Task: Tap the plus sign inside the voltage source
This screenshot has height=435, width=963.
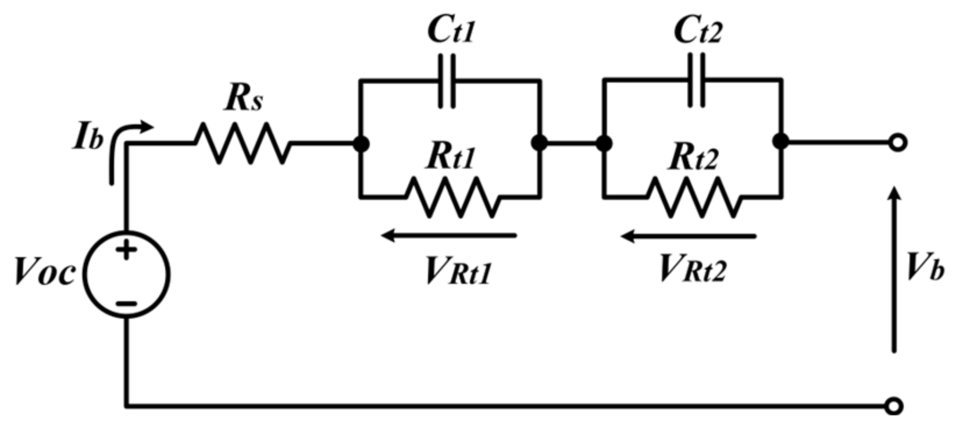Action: tap(126, 251)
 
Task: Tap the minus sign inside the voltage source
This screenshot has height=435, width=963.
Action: tap(126, 304)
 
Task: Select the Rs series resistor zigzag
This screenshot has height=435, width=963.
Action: tap(242, 143)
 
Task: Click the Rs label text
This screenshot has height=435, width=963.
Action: tap(244, 98)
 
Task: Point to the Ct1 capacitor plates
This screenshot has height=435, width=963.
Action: tap(447, 81)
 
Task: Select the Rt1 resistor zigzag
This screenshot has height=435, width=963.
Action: tap(453, 198)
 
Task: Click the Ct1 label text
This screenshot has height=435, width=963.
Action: tap(451, 29)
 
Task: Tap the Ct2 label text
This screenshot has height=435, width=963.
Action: tap(697, 29)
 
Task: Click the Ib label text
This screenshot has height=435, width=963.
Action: tap(88, 138)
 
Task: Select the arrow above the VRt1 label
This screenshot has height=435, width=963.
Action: tap(448, 236)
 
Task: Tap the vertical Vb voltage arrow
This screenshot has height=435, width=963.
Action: tap(895, 270)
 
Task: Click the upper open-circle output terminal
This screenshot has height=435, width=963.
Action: tap(898, 142)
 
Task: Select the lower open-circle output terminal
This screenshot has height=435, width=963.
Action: tap(894, 406)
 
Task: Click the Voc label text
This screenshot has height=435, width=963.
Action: tap(45, 272)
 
